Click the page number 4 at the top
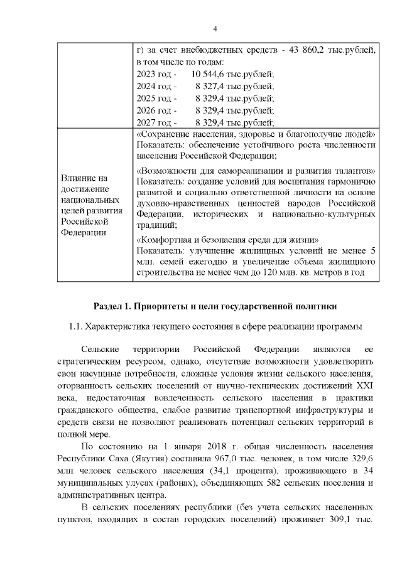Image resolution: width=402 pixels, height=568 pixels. coord(215,29)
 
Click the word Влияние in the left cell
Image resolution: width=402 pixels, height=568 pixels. coord(79,178)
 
